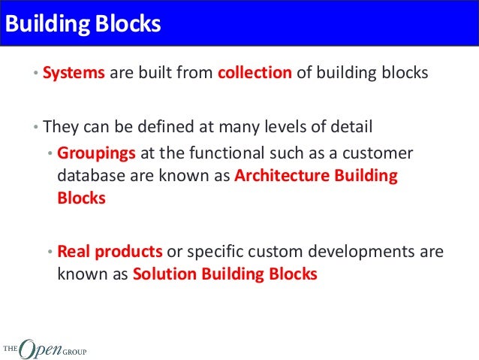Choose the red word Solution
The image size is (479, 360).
(x=164, y=274)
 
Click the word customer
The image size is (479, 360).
(x=378, y=153)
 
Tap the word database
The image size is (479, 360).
(x=90, y=176)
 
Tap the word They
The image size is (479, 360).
(x=59, y=126)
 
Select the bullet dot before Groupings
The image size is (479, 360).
(x=50, y=154)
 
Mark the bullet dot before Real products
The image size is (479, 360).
(x=50, y=252)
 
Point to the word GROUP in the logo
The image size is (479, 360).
(x=74, y=349)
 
